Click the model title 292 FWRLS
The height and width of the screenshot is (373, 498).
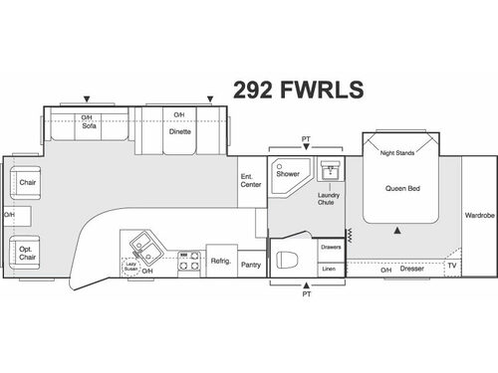coord(298,89)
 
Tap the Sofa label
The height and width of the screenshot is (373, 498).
coord(88,126)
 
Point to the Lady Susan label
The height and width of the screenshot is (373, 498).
coord(129,266)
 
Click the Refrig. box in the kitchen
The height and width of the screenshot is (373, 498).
coord(220,261)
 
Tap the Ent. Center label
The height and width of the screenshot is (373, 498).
coord(250,181)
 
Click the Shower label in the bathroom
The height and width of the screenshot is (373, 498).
coord(288,173)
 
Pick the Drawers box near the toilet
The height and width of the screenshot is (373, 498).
coord(331,248)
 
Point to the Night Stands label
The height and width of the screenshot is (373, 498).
coord(396,153)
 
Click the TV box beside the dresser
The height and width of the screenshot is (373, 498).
coord(451,267)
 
